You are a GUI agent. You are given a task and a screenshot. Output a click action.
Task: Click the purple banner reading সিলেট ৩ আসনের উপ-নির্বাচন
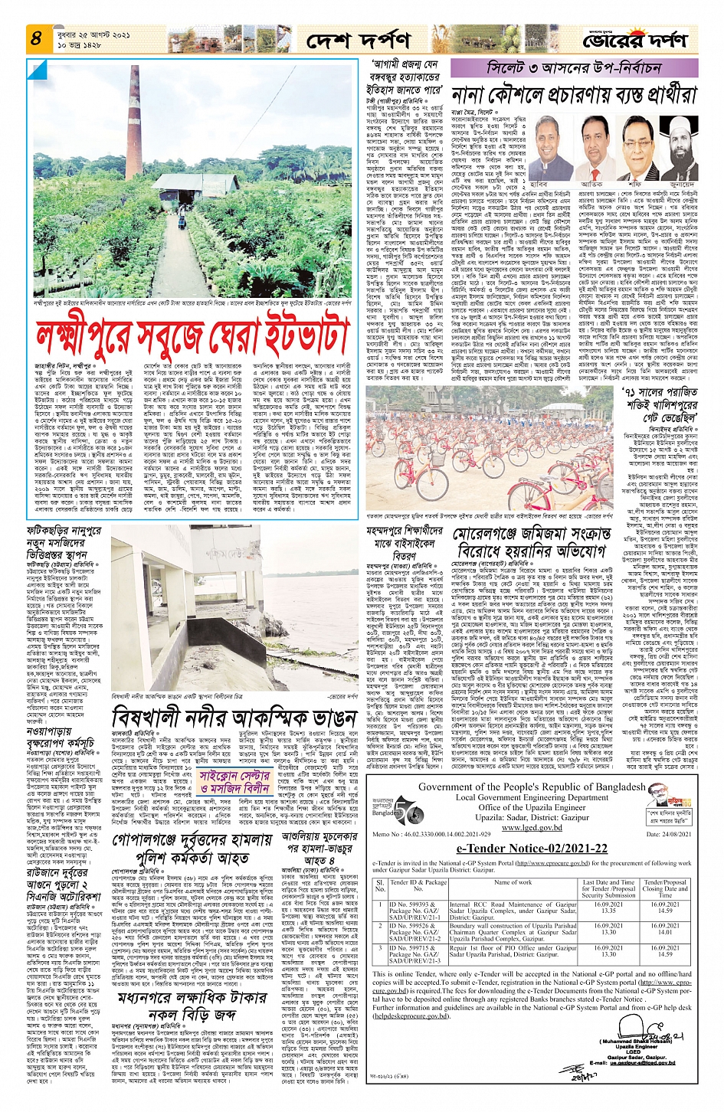pos(574,68)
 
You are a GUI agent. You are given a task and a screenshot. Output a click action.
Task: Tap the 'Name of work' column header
pos(513,882)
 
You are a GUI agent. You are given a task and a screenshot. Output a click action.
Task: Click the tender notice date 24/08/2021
pos(666,834)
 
